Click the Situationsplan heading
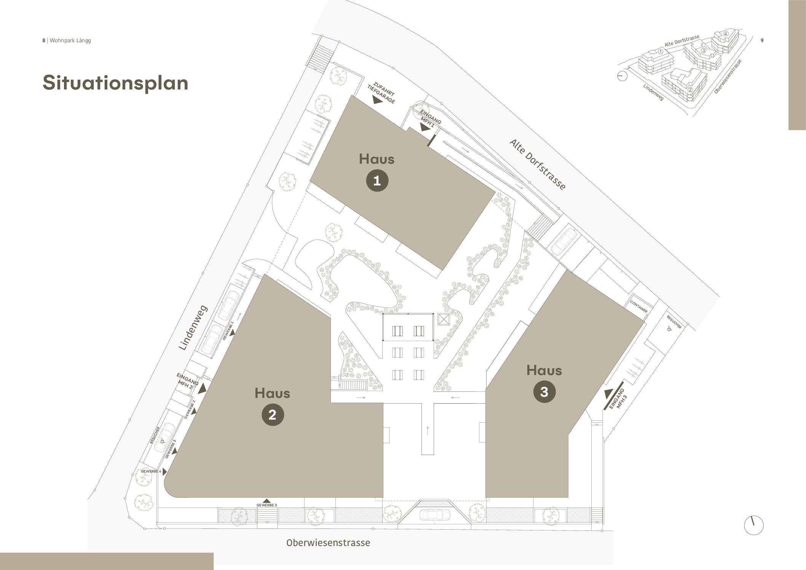pyautogui.click(x=115, y=83)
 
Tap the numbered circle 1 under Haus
pyautogui.click(x=377, y=180)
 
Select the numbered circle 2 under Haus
pyautogui.click(x=273, y=415)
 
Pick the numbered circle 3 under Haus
pyautogui.click(x=544, y=392)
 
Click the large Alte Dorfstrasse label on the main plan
pyautogui.click(x=538, y=164)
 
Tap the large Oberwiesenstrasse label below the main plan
pyautogui.click(x=328, y=543)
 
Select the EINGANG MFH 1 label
pyautogui.click(x=430, y=118)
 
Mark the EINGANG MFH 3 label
pyautogui.click(x=617, y=399)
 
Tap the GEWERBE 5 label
pyautogui.click(x=267, y=505)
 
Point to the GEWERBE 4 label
pyautogui.click(x=151, y=471)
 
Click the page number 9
pyautogui.click(x=762, y=40)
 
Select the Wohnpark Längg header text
pyautogui.click(x=70, y=40)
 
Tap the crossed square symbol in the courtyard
pyautogui.click(x=444, y=319)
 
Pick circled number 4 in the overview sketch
pyautogui.click(x=725, y=34)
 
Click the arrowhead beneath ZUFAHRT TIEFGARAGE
pyautogui.click(x=377, y=100)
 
